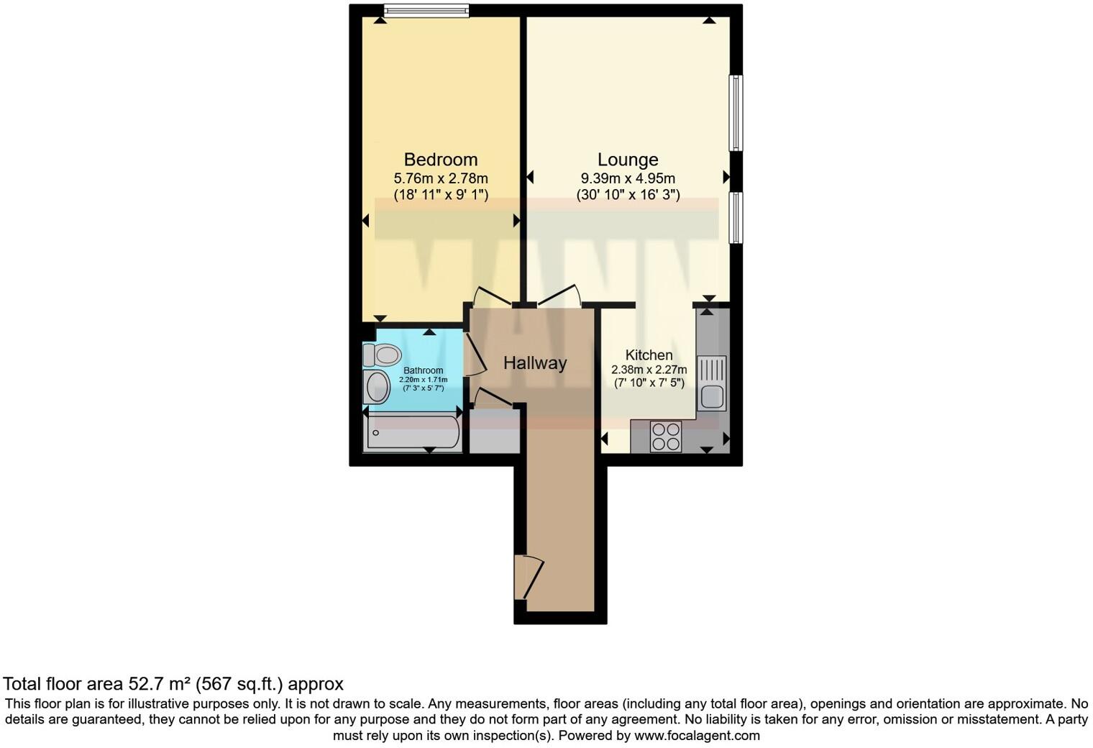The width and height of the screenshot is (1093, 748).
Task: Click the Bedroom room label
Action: tap(440, 160)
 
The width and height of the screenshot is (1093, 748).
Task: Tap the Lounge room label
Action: tap(628, 160)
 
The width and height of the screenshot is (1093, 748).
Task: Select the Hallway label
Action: tap(534, 363)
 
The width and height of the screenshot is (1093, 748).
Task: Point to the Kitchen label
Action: tap(649, 355)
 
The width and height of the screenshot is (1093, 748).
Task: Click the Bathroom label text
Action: tap(423, 370)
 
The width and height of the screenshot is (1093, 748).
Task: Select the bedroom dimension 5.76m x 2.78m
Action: tap(440, 178)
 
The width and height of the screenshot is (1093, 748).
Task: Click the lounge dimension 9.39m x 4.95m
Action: tap(628, 178)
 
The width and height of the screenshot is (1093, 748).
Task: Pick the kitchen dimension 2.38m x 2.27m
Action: tap(649, 370)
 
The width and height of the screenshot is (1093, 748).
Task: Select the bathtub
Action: tap(412, 433)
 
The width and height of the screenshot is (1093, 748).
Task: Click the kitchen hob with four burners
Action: tap(665, 436)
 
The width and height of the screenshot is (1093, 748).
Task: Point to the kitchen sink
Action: tap(711, 384)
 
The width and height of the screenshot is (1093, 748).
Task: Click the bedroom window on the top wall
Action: tap(426, 10)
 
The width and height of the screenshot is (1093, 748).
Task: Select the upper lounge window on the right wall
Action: tap(736, 113)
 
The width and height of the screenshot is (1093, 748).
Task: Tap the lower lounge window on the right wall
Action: tap(736, 217)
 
